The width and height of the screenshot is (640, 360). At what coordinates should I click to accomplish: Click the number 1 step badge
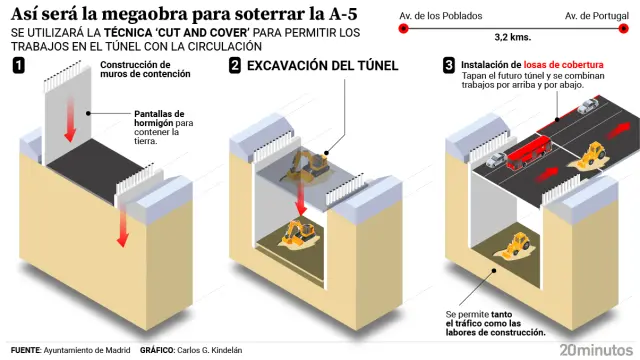[x=19, y=66]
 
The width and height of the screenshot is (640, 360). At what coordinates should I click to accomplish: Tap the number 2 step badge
[x=234, y=66]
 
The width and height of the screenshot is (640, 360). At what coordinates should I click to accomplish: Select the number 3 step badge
[x=450, y=66]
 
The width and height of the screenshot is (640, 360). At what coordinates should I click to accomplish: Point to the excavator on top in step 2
[x=307, y=164]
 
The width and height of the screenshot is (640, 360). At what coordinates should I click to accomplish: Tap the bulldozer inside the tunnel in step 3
[x=519, y=245]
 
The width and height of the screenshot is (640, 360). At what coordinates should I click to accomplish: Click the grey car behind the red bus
[x=495, y=159]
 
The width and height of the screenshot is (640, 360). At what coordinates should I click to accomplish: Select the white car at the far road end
[x=591, y=103]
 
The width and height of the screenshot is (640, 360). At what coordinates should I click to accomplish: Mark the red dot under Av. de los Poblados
[x=403, y=29]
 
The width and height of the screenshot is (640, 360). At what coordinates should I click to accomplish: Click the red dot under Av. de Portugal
[x=625, y=29]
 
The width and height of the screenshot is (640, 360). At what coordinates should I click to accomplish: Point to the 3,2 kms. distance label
[x=514, y=45]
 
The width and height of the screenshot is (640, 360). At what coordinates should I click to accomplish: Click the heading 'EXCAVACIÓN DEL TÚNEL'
[x=322, y=66]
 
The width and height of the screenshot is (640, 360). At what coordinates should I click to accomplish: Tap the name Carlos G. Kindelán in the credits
[x=207, y=350]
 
